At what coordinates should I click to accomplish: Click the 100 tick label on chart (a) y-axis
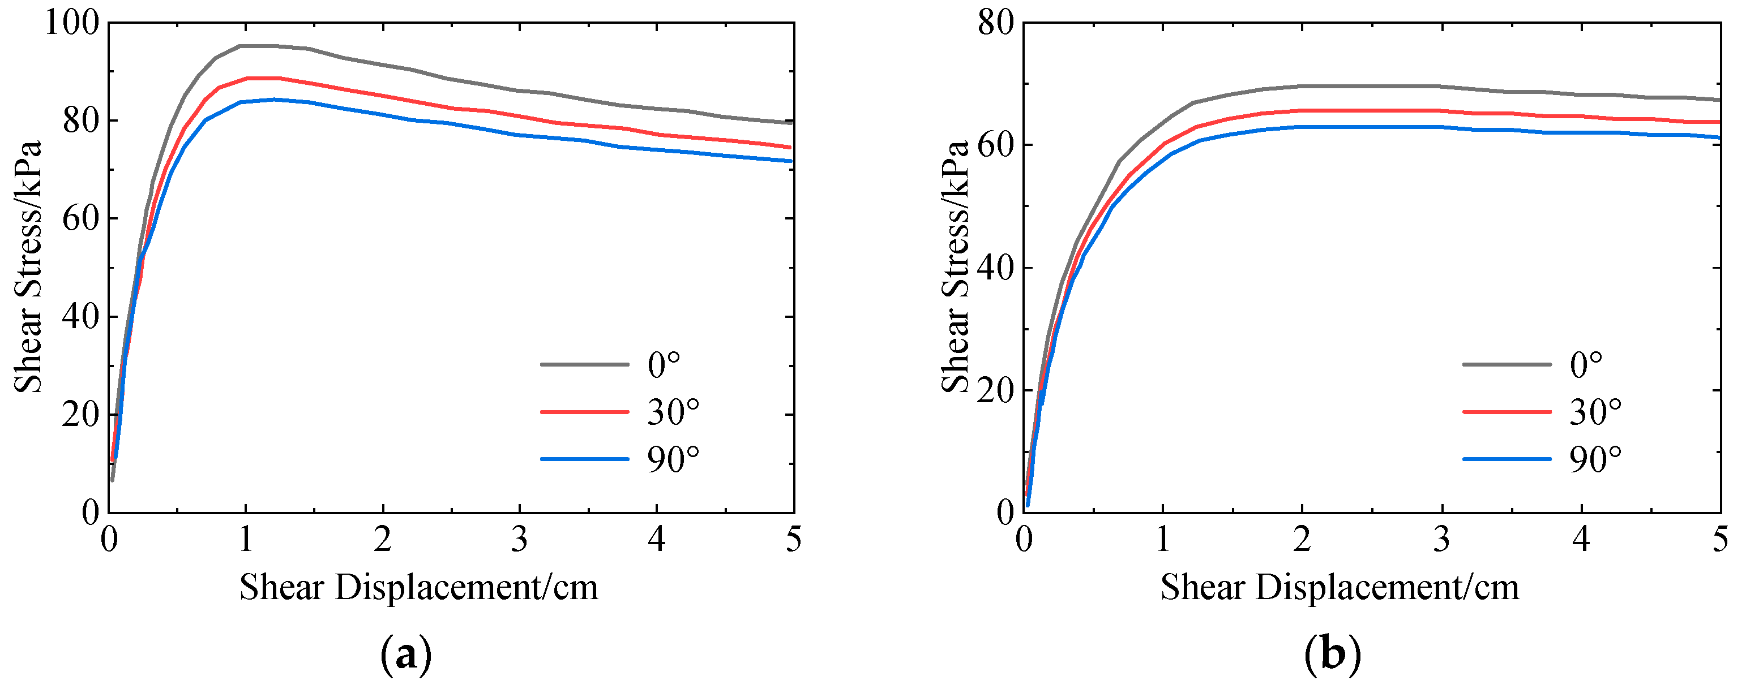tap(71, 23)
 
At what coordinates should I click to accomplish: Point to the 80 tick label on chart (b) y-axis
tap(995, 23)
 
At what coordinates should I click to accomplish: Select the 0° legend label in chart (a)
tap(663, 365)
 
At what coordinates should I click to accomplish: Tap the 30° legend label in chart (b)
tap(1595, 412)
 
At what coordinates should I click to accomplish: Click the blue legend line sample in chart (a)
tap(584, 459)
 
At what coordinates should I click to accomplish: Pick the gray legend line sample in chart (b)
tap(1506, 364)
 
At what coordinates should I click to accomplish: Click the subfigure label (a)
tap(405, 655)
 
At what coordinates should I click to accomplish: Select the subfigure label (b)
tap(1332, 655)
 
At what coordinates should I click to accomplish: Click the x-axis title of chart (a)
tap(418, 587)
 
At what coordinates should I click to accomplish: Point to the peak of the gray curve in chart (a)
tap(258, 46)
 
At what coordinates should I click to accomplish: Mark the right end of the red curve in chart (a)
tap(790, 147)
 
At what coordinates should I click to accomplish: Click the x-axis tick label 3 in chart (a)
tap(519, 541)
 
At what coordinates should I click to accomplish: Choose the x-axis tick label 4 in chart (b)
tap(1581, 541)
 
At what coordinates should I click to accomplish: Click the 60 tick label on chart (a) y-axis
tap(80, 219)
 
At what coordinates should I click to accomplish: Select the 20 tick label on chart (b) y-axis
tap(995, 391)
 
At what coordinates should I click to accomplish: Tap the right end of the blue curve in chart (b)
tap(1719, 137)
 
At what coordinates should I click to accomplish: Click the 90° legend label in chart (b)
tap(1595, 460)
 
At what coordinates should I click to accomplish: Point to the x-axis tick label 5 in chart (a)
tap(793, 541)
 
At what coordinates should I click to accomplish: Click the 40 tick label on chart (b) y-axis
tap(995, 268)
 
